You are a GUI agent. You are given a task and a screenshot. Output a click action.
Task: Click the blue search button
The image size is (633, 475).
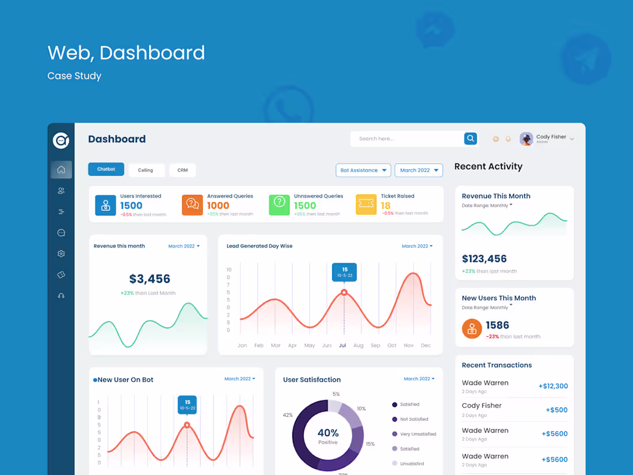(471, 139)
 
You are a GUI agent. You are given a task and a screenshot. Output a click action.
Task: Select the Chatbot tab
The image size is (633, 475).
(106, 169)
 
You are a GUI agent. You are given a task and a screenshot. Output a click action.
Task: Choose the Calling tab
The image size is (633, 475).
(146, 170)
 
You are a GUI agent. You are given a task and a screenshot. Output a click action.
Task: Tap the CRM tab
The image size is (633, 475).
(182, 170)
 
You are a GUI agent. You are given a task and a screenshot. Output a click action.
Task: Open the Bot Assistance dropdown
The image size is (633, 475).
(363, 170)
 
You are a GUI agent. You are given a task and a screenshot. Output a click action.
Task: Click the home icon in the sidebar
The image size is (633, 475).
(61, 170)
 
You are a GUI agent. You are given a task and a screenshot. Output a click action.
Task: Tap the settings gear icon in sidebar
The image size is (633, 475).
(61, 254)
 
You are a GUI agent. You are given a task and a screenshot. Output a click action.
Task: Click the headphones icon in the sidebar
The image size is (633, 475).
(61, 296)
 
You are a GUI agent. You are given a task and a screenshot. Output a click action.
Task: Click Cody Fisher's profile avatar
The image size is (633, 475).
(526, 139)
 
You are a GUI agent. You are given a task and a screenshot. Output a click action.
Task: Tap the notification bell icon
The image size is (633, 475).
(508, 139)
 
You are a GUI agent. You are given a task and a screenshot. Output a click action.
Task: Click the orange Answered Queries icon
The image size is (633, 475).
(192, 205)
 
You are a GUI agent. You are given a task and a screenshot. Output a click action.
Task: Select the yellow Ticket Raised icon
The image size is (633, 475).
(366, 205)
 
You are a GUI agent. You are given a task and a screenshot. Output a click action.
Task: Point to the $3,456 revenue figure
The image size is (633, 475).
(150, 279)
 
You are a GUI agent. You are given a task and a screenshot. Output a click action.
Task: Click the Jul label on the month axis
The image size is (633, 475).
(342, 345)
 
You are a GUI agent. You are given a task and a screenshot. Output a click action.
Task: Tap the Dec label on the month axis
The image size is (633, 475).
(426, 345)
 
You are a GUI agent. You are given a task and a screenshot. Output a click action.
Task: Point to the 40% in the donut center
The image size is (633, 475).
(328, 433)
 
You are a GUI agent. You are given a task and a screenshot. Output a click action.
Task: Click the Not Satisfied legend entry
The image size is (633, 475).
(414, 419)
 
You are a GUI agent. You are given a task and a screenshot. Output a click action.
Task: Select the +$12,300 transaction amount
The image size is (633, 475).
(553, 386)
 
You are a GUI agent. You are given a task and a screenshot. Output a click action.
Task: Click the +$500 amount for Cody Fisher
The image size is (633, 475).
(556, 410)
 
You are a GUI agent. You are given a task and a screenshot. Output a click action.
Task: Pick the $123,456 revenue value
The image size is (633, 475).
(485, 259)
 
